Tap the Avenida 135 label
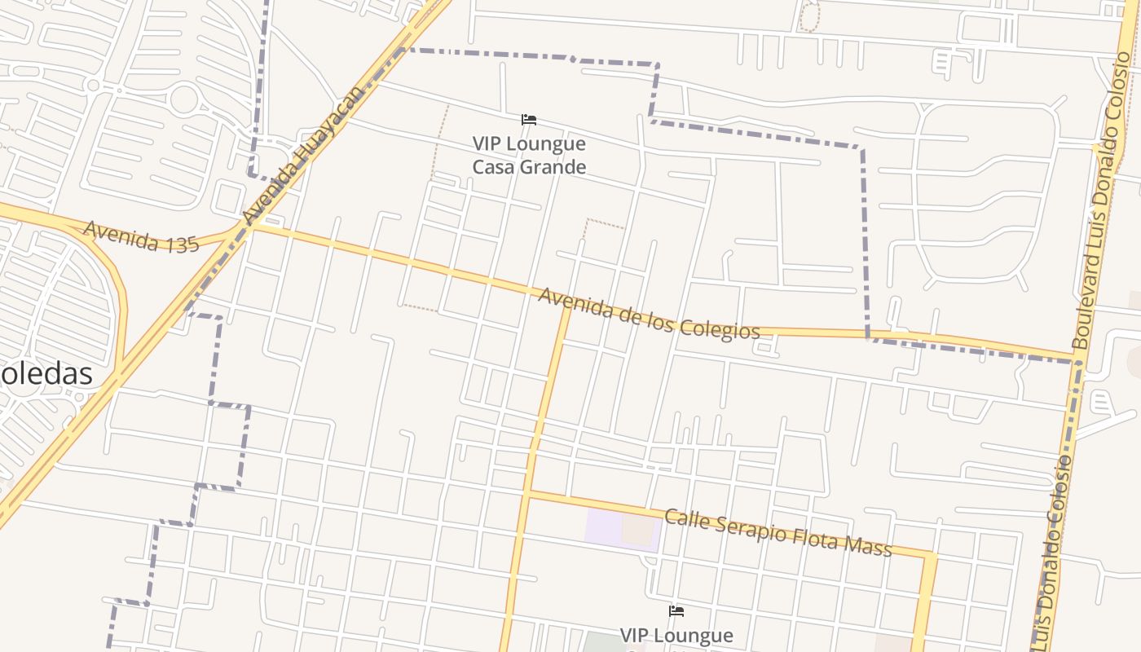tap(141, 237)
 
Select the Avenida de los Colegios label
tap(649, 314)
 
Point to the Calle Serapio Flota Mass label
tap(778, 532)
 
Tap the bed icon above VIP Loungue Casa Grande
tap(529, 120)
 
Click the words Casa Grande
tap(529, 167)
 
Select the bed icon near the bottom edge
tap(676, 611)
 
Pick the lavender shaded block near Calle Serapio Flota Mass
tap(603, 527)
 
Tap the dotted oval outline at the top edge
tap(808, 16)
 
